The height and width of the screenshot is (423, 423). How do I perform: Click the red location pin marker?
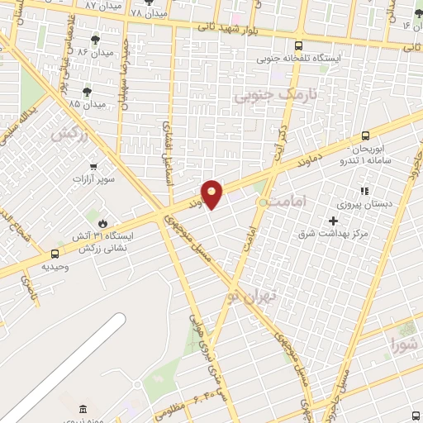pos(212,193)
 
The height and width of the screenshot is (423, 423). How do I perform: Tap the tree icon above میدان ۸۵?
pos(87,91)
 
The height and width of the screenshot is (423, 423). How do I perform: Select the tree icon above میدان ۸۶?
pos(97,40)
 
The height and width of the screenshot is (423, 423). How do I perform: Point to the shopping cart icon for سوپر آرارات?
pos(93,166)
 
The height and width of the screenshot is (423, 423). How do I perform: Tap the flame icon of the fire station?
pos(102,223)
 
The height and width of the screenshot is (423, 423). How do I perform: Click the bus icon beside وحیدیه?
pos(55,254)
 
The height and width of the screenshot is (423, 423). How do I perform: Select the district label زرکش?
pos(69,133)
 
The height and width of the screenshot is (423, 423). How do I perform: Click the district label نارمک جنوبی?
pos(264,97)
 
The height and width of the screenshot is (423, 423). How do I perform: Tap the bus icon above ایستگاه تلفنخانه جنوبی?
pos(298,46)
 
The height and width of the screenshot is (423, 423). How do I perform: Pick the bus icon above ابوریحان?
pos(365,136)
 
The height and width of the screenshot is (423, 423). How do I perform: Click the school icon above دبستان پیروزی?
pos(364,191)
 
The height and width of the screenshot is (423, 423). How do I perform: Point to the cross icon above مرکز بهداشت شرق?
pos(334,221)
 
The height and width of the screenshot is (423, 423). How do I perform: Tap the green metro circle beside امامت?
pos(263,202)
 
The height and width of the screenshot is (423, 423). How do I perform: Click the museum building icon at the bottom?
pos(83,410)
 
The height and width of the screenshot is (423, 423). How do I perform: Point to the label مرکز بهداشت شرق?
pos(335,234)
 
